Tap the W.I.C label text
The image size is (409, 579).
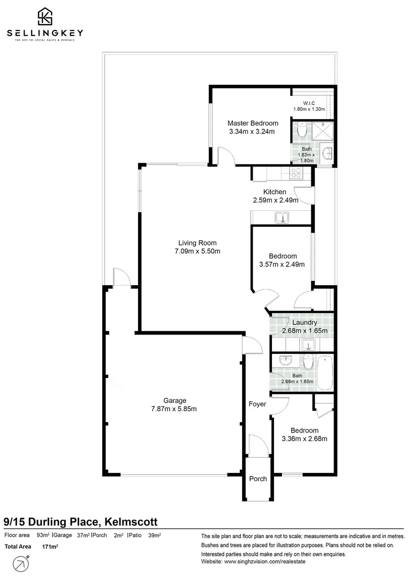pyautogui.click(x=309, y=103)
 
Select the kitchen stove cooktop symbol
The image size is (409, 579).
pyautogui.click(x=296, y=173)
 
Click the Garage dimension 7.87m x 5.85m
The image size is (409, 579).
pyautogui.click(x=175, y=409)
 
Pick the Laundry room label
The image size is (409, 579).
pyautogui.click(x=305, y=323)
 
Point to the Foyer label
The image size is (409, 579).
pyautogui.click(x=257, y=404)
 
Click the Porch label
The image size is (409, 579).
pyautogui.click(x=257, y=479)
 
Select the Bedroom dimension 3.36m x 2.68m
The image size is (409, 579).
pyautogui.click(x=304, y=439)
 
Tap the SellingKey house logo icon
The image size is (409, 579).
pyautogui.click(x=44, y=17)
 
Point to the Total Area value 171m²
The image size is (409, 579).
pyautogui.click(x=50, y=547)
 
